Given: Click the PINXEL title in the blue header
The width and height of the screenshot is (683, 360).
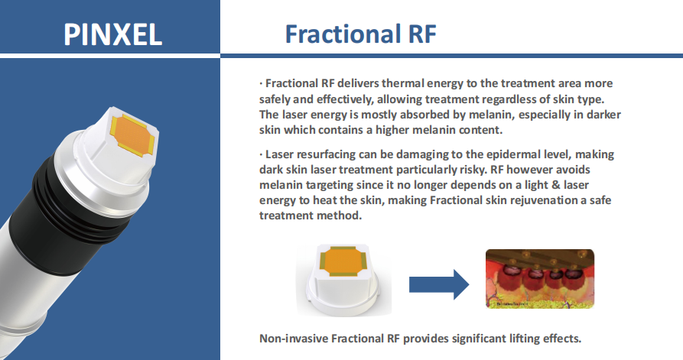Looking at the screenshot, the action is [113, 35].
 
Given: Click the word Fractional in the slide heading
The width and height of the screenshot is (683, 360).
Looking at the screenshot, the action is [343, 34].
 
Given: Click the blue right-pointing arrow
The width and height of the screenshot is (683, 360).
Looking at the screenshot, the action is [439, 284].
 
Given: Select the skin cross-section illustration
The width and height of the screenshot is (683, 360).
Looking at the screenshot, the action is [540, 278].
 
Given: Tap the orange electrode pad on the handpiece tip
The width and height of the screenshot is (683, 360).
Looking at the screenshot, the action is [133, 134].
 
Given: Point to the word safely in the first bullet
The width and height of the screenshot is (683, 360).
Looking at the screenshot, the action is [275, 99].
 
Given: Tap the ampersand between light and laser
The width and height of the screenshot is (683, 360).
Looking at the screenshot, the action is [555, 185].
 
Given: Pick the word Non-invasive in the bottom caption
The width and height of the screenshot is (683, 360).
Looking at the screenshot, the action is [294, 339].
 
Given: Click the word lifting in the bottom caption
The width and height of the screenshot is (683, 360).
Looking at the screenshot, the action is [525, 339].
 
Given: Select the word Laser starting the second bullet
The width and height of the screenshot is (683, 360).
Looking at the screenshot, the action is [279, 154].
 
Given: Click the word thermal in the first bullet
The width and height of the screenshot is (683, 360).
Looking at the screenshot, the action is [402, 83].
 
